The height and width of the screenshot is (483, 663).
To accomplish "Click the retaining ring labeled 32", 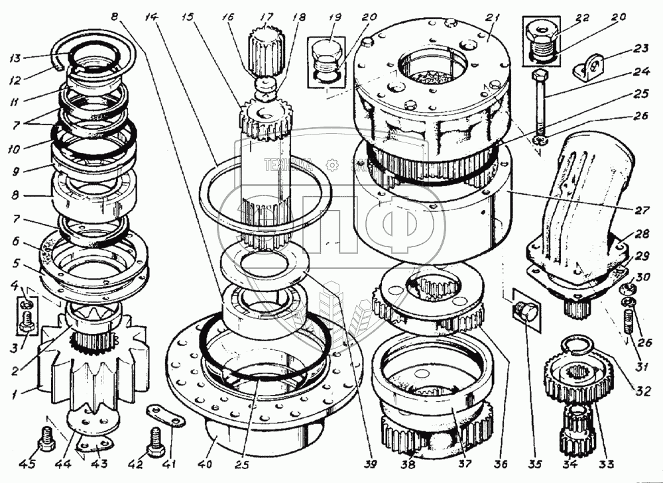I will click(576, 345).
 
